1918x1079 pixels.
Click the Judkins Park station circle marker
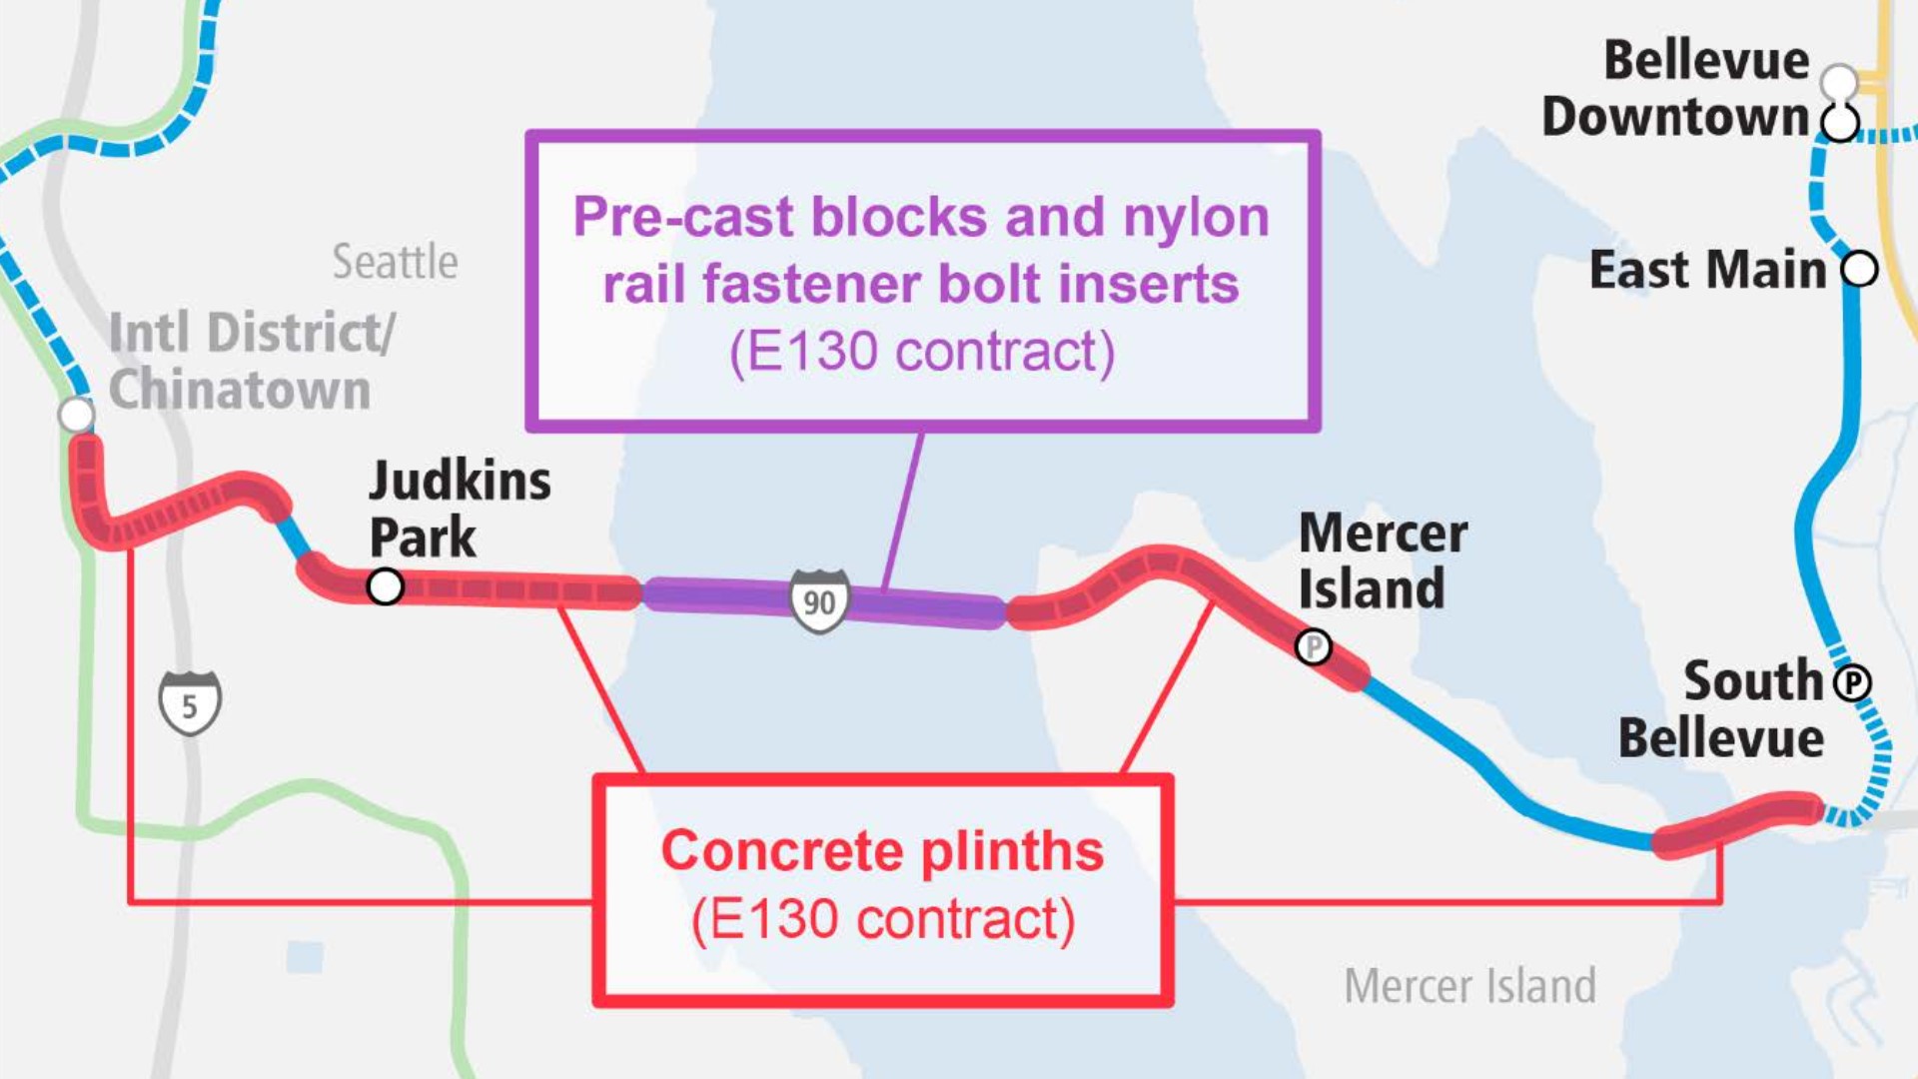pos(385,586)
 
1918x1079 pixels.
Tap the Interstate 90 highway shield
pos(819,601)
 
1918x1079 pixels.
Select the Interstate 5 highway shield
pos(190,704)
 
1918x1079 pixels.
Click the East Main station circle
pos(1859,269)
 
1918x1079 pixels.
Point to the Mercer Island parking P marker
pos(1314,647)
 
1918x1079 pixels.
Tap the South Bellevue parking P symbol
pos(1852,683)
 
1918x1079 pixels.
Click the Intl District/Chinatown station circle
pos(76,414)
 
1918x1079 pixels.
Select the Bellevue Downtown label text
pos(1675,88)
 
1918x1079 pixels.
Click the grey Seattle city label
pos(395,262)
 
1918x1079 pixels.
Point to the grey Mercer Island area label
pos(1469,986)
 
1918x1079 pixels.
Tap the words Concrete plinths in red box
pos(882,851)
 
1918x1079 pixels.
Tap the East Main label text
pos(1707,270)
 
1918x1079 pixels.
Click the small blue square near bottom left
pos(305,957)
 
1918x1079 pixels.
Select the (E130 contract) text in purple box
pos(921,352)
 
